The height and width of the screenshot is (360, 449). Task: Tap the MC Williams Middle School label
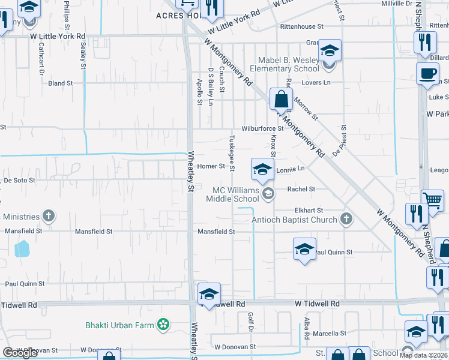pyautogui.click(x=235, y=194)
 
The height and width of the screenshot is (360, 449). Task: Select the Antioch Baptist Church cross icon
pyautogui.click(x=346, y=219)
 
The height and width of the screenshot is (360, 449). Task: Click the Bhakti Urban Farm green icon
pyautogui.click(x=162, y=325)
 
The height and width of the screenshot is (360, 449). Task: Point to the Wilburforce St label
pyautogui.click(x=262, y=128)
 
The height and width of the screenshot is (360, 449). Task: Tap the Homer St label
pyautogui.click(x=211, y=166)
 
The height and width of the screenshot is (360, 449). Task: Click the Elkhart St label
pyautogui.click(x=309, y=211)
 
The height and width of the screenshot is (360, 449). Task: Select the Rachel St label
pyautogui.click(x=301, y=189)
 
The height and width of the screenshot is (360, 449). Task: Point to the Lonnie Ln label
pyautogui.click(x=291, y=170)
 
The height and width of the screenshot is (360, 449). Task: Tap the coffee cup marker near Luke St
pyautogui.click(x=428, y=73)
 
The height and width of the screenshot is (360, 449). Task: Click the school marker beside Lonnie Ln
pyautogui.click(x=262, y=170)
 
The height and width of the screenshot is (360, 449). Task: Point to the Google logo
pyautogui.click(x=20, y=353)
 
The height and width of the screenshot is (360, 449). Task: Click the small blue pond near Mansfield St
pyautogui.click(x=22, y=248)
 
